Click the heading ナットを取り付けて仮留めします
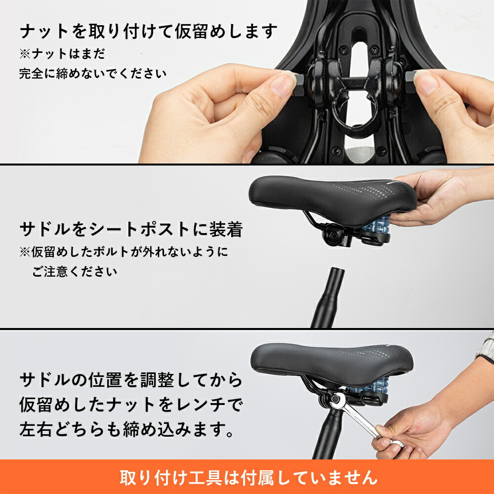(147, 32)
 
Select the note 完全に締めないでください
(93, 74)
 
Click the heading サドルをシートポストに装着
(131, 229)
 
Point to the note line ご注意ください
(75, 271)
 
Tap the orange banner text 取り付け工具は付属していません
(248, 477)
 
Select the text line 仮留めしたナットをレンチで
(131, 405)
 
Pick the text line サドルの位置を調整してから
(131, 380)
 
